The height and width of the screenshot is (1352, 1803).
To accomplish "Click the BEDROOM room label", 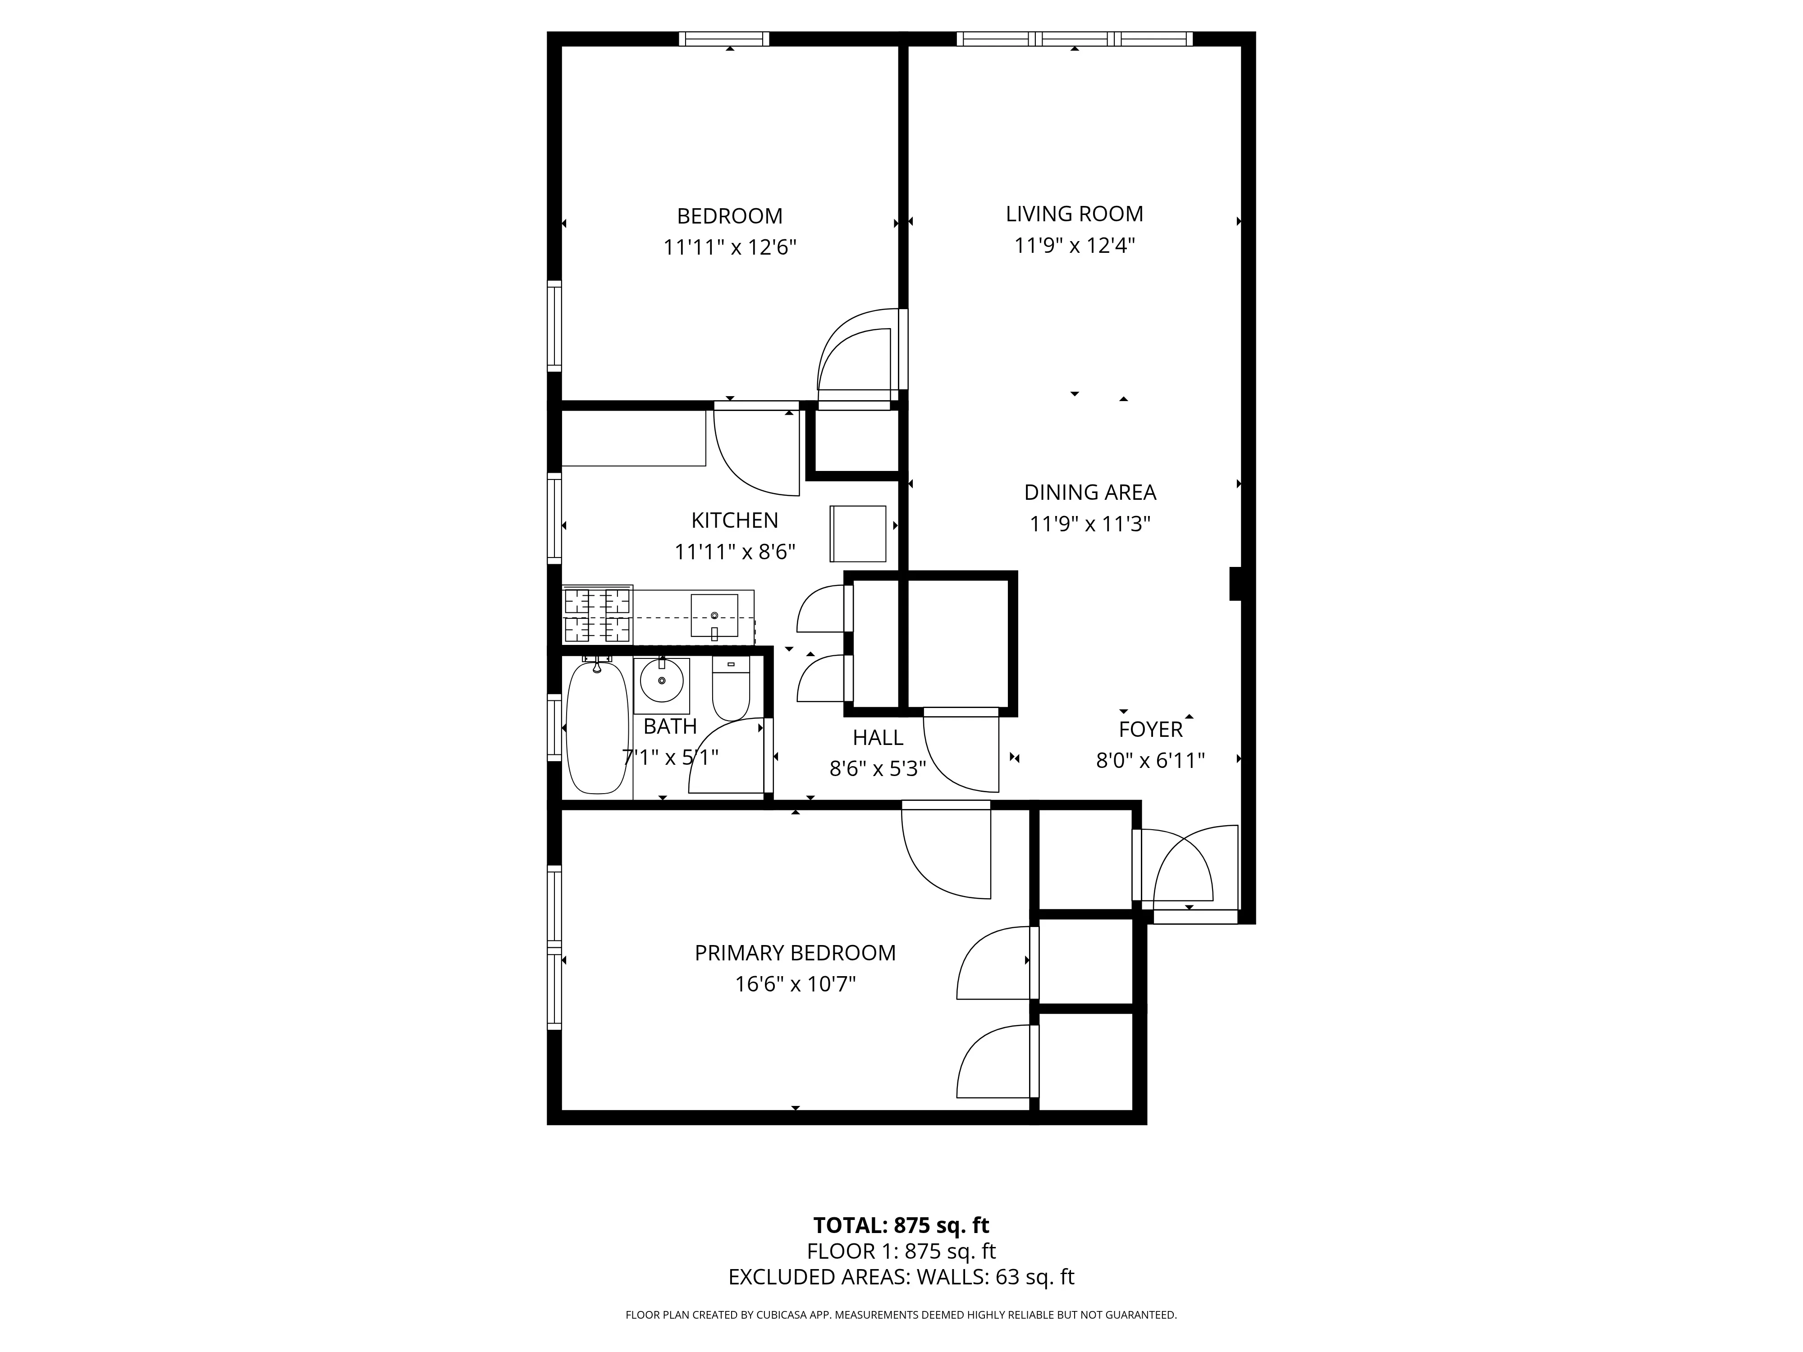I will pos(729,216).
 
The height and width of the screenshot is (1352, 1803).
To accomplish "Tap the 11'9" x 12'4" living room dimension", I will pos(1074,245).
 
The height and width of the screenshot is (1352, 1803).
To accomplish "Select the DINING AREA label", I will pos(1090,492).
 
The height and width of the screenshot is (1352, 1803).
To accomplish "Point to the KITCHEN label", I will pos(734,520).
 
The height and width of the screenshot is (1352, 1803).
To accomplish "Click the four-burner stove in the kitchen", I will pos(597,615).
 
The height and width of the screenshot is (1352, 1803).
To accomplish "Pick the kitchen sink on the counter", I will pos(714,615).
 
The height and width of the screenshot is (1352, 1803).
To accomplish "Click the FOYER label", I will pos(1150,729).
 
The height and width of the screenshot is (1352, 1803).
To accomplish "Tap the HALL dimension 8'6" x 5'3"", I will pos(878,768).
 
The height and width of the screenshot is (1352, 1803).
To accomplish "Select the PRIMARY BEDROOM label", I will pos(795,953).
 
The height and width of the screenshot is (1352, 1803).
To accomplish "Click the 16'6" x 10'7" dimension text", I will pos(795,984).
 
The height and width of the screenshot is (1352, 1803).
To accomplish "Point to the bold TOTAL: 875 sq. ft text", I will pos(901,1248).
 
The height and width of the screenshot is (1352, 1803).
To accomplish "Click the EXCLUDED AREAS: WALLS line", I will pos(901,1300).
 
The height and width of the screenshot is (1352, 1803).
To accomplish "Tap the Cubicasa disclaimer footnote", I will pos(901,1337).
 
